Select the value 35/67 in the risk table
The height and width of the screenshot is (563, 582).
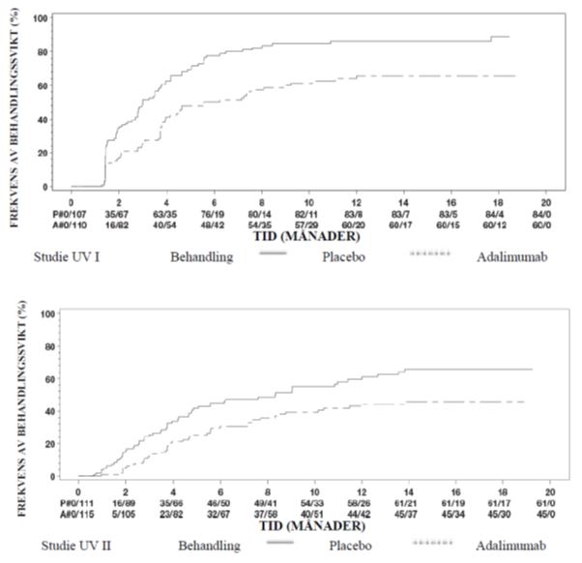click(x=118, y=211)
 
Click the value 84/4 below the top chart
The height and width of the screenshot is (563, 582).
click(x=499, y=211)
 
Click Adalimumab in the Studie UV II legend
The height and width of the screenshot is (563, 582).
click(x=511, y=545)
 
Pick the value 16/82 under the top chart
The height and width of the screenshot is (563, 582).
click(x=118, y=222)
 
